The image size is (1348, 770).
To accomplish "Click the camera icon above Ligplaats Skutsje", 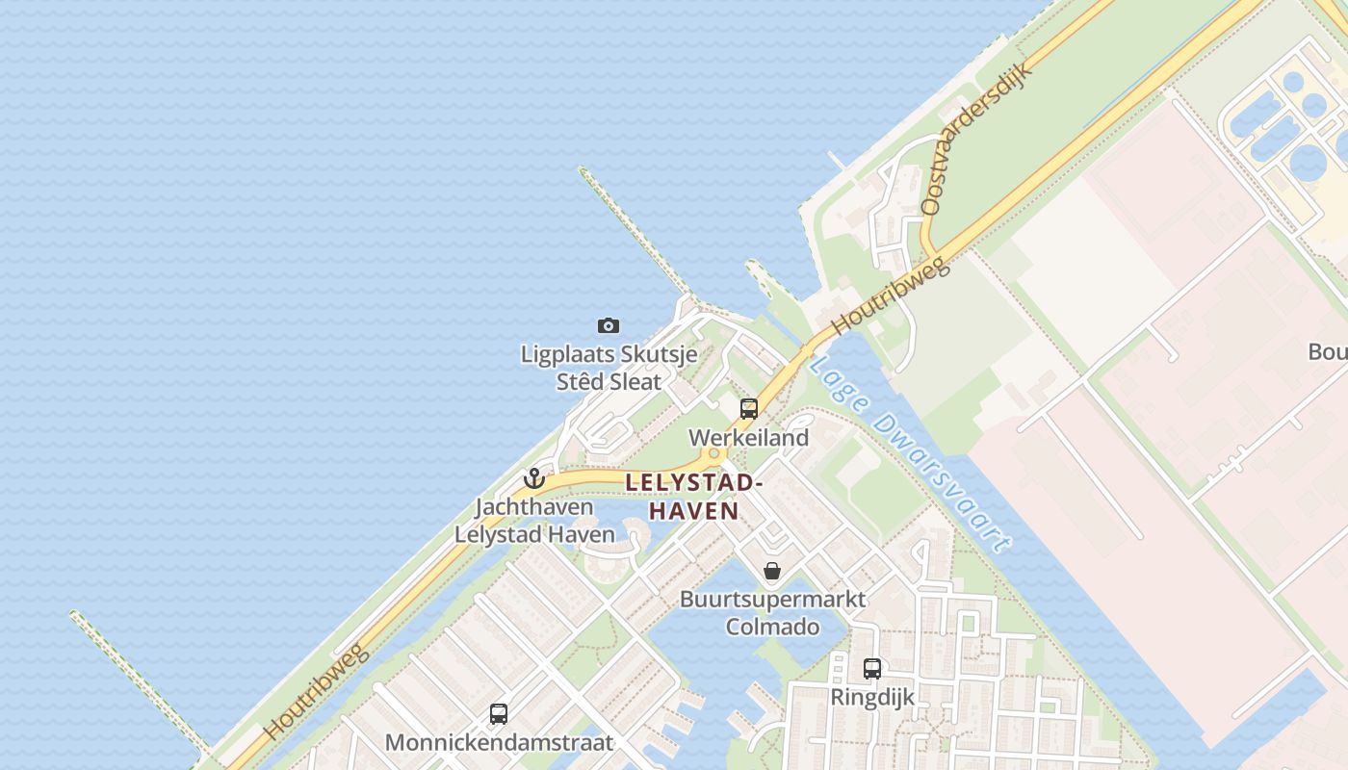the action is (608, 326).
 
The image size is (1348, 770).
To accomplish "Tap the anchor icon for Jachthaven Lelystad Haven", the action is (534, 478).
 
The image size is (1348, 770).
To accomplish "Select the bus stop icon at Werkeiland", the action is (749, 409).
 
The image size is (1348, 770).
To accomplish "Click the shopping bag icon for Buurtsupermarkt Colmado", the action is (771, 571).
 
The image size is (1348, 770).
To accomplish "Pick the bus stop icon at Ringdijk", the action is (872, 669).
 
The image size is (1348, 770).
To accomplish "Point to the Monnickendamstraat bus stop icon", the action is (499, 714).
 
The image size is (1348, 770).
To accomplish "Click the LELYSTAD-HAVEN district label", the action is (694, 497).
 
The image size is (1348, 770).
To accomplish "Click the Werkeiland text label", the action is (748, 438).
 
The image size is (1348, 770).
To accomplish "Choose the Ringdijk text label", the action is (872, 697).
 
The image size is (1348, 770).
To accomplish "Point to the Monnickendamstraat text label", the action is (499, 743).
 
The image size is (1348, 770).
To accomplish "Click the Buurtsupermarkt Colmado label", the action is (772, 613).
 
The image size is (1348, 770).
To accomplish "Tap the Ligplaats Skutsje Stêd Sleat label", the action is (609, 368).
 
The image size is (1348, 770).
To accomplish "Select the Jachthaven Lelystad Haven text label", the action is (534, 521).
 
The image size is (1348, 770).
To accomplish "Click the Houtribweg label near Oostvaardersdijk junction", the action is (891, 295).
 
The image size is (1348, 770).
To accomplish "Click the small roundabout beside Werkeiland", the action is (714, 454).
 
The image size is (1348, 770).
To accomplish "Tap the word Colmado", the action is (772, 628).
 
